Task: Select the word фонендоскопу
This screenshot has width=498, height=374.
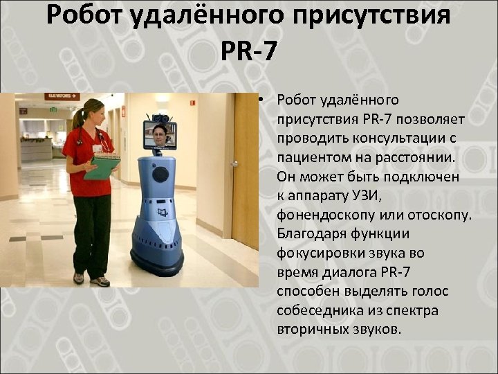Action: (320, 214)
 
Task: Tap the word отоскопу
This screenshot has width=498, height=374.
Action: (439, 214)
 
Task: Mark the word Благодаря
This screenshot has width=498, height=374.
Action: (309, 233)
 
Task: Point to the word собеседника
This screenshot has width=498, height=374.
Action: (315, 310)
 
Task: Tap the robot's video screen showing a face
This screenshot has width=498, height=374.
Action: (159, 135)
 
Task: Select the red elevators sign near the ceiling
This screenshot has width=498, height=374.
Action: (62, 96)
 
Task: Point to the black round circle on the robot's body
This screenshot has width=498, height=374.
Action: (160, 174)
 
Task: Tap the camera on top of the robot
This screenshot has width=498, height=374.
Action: (160, 116)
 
